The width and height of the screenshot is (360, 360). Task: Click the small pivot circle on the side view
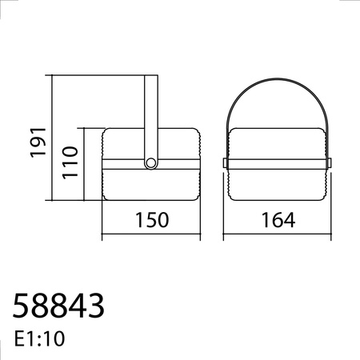click(150, 163)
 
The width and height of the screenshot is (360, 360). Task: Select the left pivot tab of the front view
click(226, 162)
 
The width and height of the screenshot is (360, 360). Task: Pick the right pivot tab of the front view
click(328, 162)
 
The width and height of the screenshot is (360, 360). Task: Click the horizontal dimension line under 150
click(150, 236)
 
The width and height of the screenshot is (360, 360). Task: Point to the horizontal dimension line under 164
click(276, 236)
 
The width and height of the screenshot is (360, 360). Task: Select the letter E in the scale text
click(19, 338)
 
